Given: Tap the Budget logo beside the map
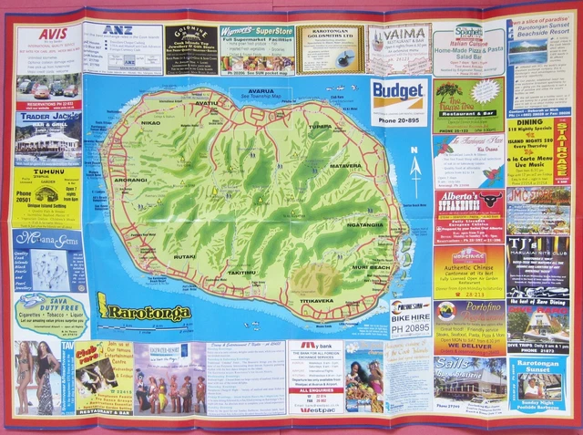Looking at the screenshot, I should point(398,92).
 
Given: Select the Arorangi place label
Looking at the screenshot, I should point(130,181).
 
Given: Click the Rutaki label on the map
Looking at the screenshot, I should point(185,256).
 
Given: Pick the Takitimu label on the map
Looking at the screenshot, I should point(241,272).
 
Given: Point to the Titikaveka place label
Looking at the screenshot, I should point(317,300).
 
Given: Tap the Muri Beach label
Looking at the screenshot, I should point(371,267).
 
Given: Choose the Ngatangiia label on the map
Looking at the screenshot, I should point(366,224).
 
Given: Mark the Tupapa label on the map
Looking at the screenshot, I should point(320,127).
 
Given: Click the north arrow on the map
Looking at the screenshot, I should point(416,167).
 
